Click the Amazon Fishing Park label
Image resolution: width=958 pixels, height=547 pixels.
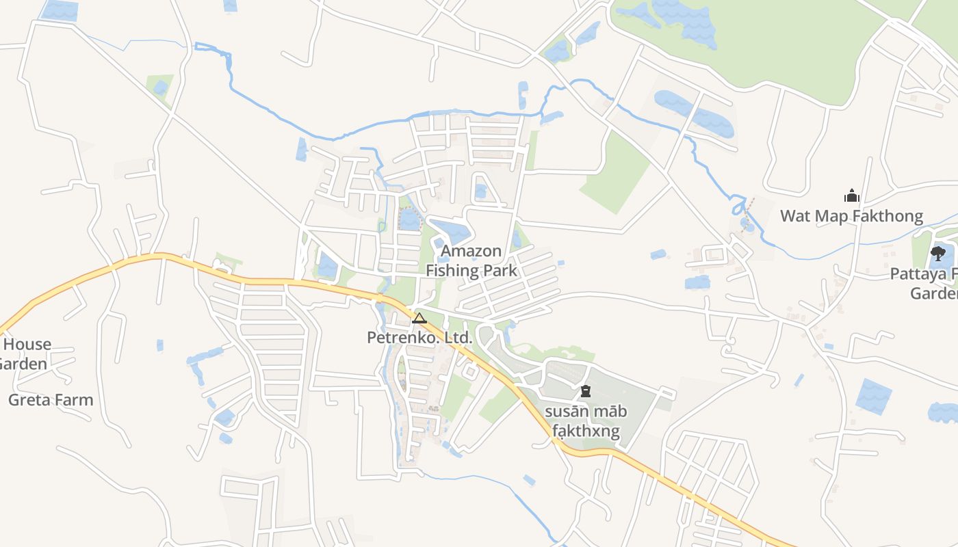pyautogui.click(x=471, y=261)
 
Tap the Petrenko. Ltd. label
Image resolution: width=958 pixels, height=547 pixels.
pyautogui.click(x=419, y=337)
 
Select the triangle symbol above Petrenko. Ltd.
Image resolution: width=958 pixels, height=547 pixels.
pyautogui.click(x=419, y=318)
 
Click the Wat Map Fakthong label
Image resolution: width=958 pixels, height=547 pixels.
pyautogui.click(x=851, y=217)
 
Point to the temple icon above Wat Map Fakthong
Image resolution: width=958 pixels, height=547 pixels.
pyautogui.click(x=851, y=196)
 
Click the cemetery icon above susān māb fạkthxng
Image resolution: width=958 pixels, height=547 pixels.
pyautogui.click(x=585, y=392)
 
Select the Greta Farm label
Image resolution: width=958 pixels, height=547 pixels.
pyautogui.click(x=51, y=400)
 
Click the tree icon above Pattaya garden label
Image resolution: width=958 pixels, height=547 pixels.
pyautogui.click(x=937, y=255)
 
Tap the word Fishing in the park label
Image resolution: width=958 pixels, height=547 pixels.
pyautogui.click(x=452, y=270)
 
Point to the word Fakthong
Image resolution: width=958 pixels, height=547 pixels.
pyautogui.click(x=887, y=217)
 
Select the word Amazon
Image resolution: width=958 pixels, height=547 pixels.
pyautogui.click(x=471, y=251)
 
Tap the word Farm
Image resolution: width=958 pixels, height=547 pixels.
pyautogui.click(x=74, y=400)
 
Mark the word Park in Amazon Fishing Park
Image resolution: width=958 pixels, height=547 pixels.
pyautogui.click(x=500, y=270)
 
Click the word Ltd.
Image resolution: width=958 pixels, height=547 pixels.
pyautogui.click(x=456, y=337)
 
